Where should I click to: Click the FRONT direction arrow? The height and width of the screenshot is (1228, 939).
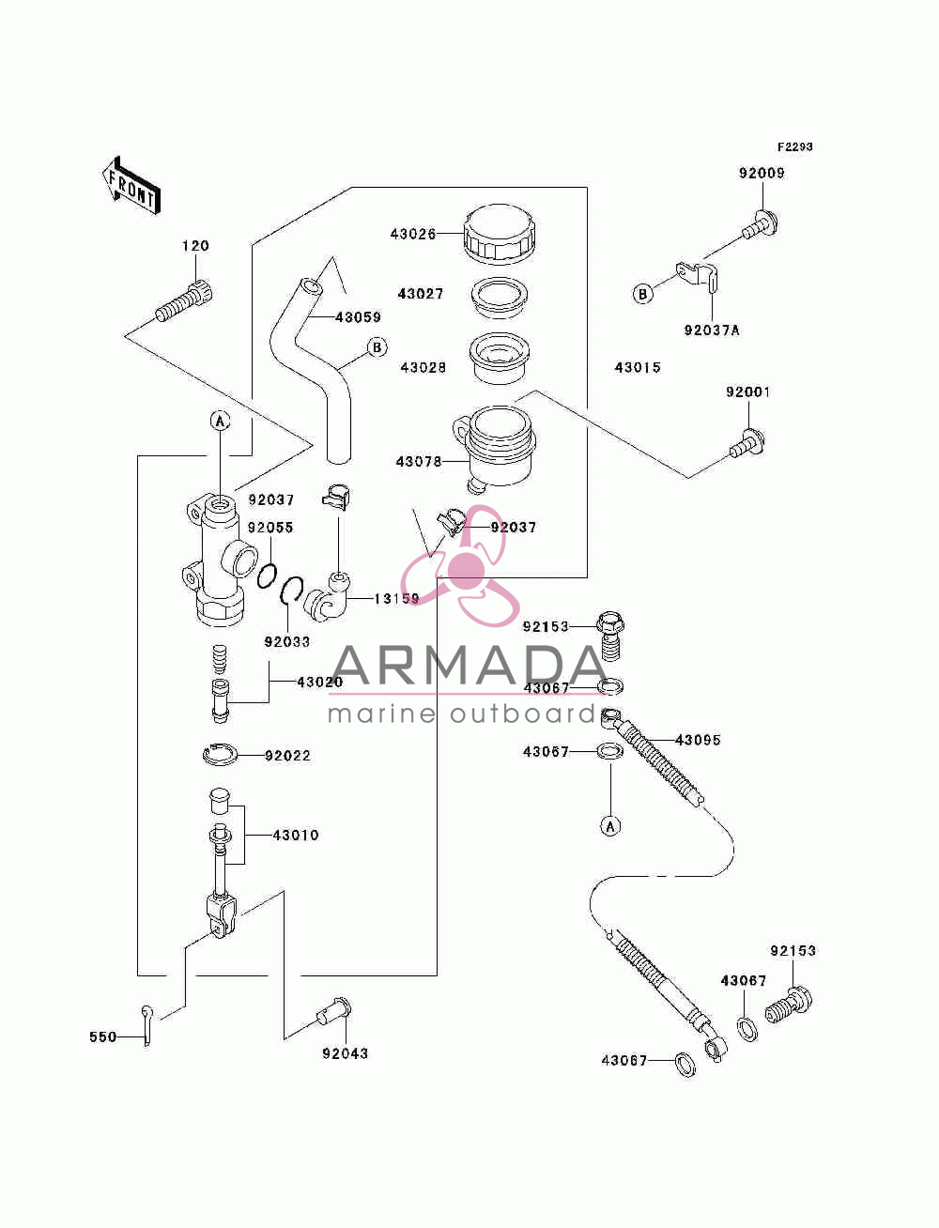(x=131, y=185)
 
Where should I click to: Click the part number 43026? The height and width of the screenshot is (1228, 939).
(x=412, y=234)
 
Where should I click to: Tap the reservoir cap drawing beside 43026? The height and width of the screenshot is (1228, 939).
(x=500, y=233)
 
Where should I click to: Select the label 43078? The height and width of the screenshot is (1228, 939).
(x=419, y=462)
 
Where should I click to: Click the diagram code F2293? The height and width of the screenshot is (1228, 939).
(x=794, y=146)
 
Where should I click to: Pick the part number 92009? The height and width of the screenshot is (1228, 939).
(x=761, y=173)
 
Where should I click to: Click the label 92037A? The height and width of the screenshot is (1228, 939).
(x=711, y=330)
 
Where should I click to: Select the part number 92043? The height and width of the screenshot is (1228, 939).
(x=345, y=1053)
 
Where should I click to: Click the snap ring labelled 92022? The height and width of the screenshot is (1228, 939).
(x=221, y=755)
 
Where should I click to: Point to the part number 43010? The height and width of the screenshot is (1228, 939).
(x=296, y=836)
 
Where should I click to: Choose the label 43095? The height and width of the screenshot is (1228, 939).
(x=698, y=740)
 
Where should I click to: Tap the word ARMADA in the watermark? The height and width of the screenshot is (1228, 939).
(x=469, y=665)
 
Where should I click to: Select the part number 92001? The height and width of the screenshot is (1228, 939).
(x=747, y=392)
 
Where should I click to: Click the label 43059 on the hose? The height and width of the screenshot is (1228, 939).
(x=358, y=317)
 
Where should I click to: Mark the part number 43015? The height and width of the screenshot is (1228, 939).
(x=638, y=368)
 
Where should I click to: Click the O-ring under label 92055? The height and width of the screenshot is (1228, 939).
(x=267, y=576)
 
